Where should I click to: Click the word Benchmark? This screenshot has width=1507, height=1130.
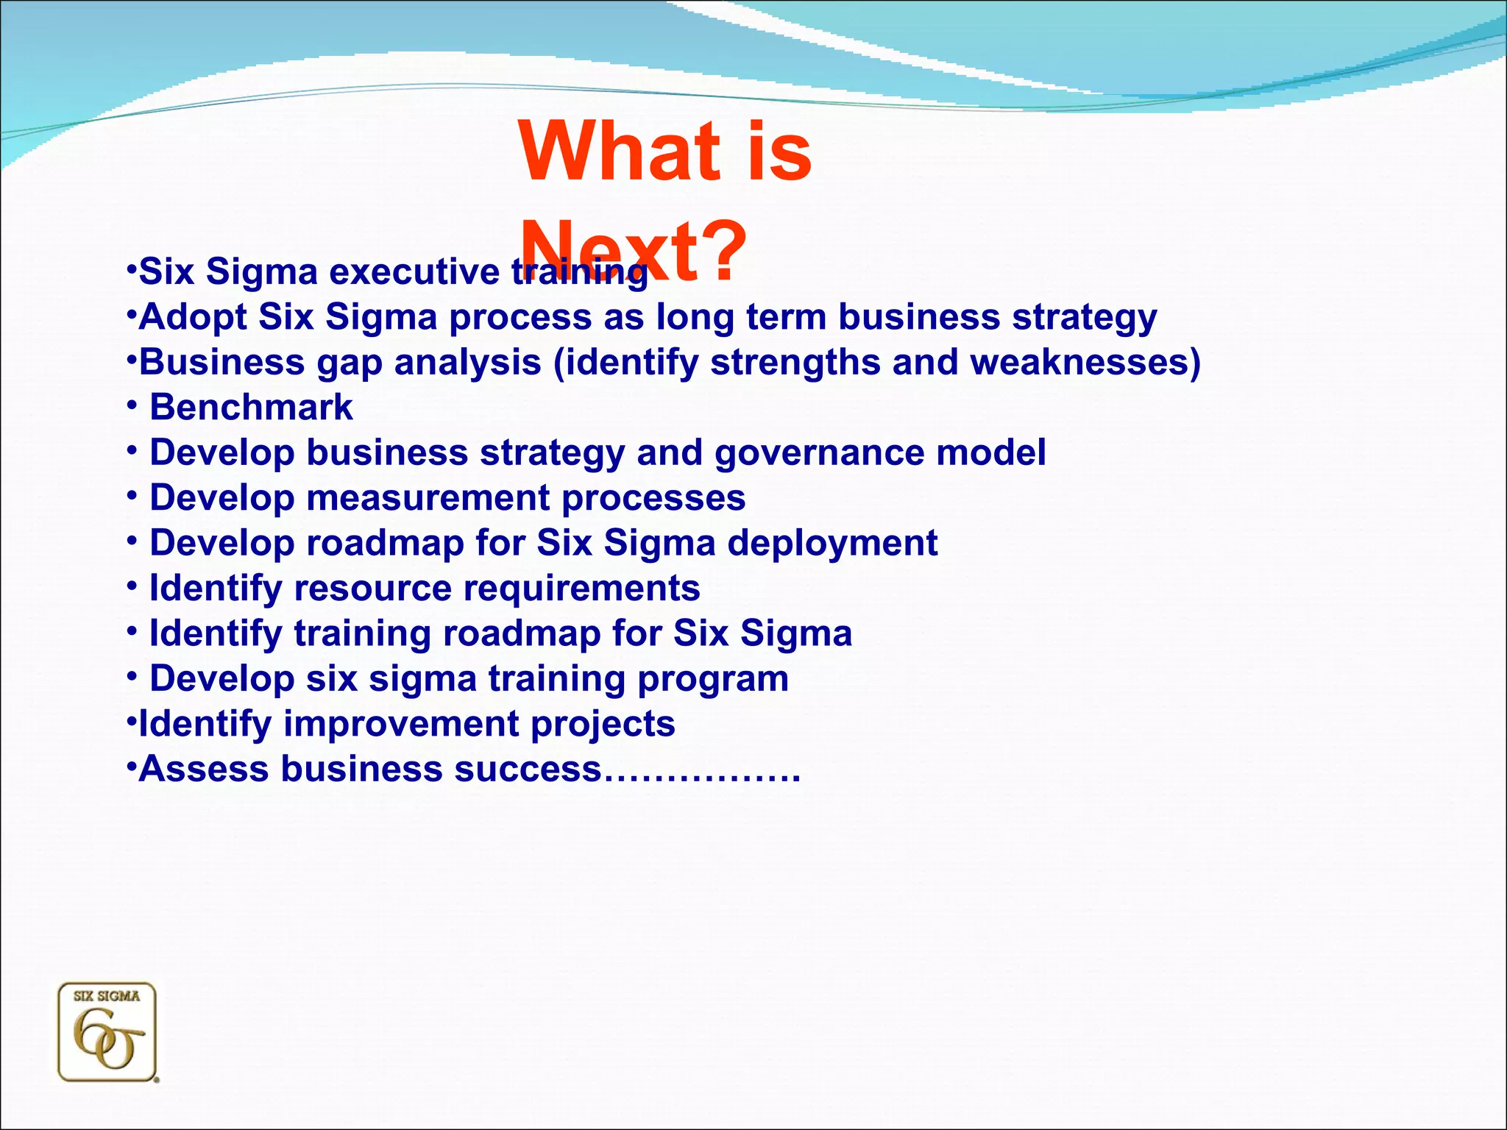click(x=251, y=408)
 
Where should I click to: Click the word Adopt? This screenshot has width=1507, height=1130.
click(x=193, y=318)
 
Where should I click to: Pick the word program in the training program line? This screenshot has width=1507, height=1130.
click(x=712, y=679)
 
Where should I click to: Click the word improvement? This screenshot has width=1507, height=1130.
click(x=401, y=724)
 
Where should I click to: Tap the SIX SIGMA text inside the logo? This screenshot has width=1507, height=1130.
click(x=107, y=996)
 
